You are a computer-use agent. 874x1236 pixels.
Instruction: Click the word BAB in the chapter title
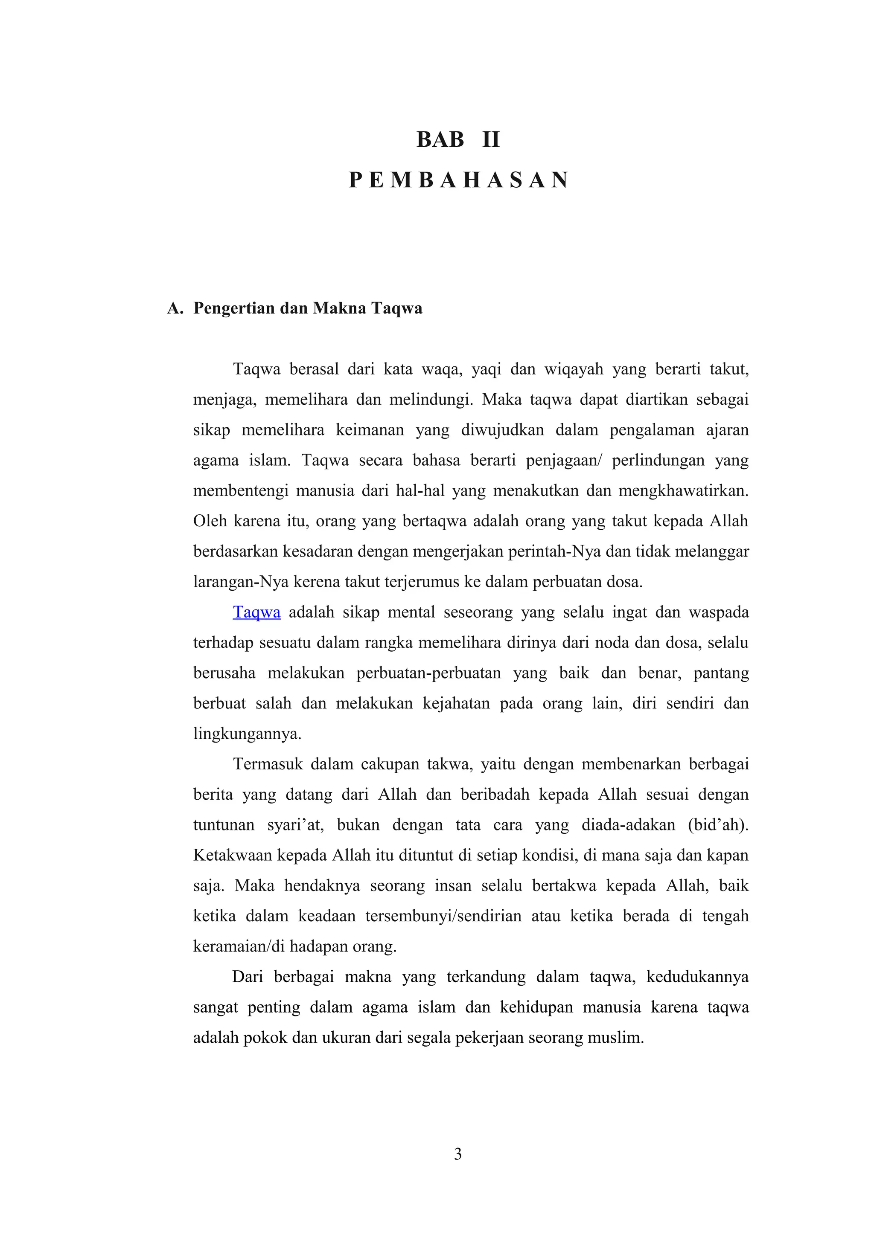pos(440,139)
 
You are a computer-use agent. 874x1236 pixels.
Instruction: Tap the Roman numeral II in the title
pos(491,139)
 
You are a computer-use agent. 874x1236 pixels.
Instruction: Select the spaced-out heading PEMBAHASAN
pos(458,180)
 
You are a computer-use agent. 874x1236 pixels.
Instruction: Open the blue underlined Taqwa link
pos(256,612)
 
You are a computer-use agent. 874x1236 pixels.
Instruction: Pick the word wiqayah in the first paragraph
pos(574,369)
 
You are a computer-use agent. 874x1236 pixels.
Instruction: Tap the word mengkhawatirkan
pos(683,491)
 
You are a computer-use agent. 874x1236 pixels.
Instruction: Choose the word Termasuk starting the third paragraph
pos(268,764)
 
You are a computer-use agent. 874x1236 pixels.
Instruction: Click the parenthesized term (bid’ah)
pos(718,825)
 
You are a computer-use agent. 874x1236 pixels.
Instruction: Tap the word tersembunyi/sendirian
pos(443,916)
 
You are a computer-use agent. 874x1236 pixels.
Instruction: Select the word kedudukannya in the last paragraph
pos(697,977)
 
